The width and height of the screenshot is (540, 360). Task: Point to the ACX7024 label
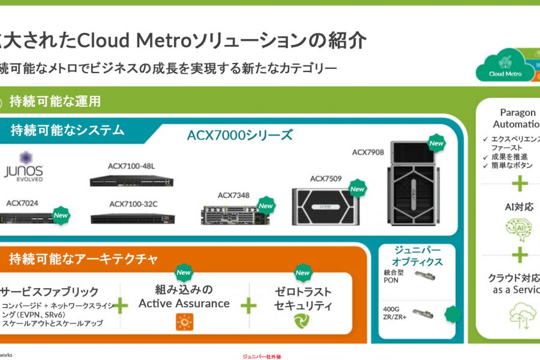point(22,203)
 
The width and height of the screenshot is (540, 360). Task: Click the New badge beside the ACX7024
point(61,215)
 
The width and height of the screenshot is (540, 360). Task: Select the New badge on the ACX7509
point(358,189)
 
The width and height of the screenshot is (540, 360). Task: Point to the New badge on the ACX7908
point(436,143)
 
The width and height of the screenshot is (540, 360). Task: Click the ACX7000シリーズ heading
point(240,135)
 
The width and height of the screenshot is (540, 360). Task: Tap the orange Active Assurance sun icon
point(184,322)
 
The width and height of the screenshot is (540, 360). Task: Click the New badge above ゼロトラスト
point(302,273)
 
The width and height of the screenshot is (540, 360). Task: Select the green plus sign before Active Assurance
point(121,305)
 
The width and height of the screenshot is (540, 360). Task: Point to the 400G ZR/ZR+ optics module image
point(428,313)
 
